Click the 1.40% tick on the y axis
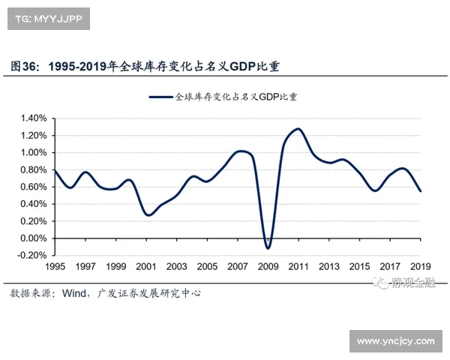tap(34, 118)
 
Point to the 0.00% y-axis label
tap(34, 238)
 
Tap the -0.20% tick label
tap(33, 256)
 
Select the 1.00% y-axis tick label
tap(34, 152)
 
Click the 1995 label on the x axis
tap(55, 267)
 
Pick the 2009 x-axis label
tap(268, 267)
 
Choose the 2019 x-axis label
tap(420, 267)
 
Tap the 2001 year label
tap(146, 267)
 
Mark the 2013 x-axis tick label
tap(328, 267)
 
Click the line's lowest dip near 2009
tap(268, 248)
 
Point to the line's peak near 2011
tap(298, 129)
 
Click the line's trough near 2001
tap(148, 215)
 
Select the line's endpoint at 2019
tap(420, 191)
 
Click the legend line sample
tap(160, 97)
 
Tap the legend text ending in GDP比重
tap(236, 97)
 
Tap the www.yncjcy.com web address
tap(395, 342)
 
